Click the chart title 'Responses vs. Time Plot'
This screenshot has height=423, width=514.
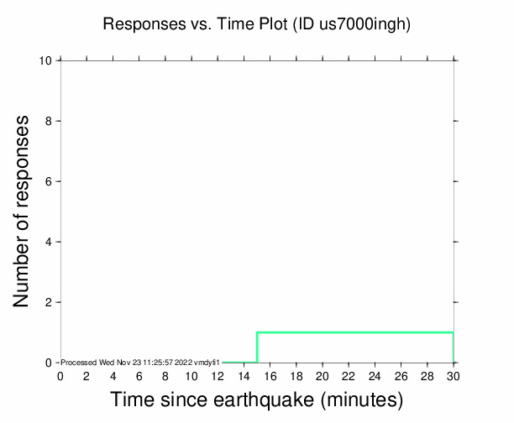tap(196, 24)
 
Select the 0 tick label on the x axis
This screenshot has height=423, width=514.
tap(60, 375)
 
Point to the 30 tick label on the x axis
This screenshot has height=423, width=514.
tap(454, 375)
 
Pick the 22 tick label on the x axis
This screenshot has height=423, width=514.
tap(349, 375)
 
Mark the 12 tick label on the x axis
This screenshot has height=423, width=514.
tap(218, 375)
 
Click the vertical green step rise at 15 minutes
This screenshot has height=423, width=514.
tap(257, 347)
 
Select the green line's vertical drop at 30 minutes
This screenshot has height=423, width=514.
tap(454, 347)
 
